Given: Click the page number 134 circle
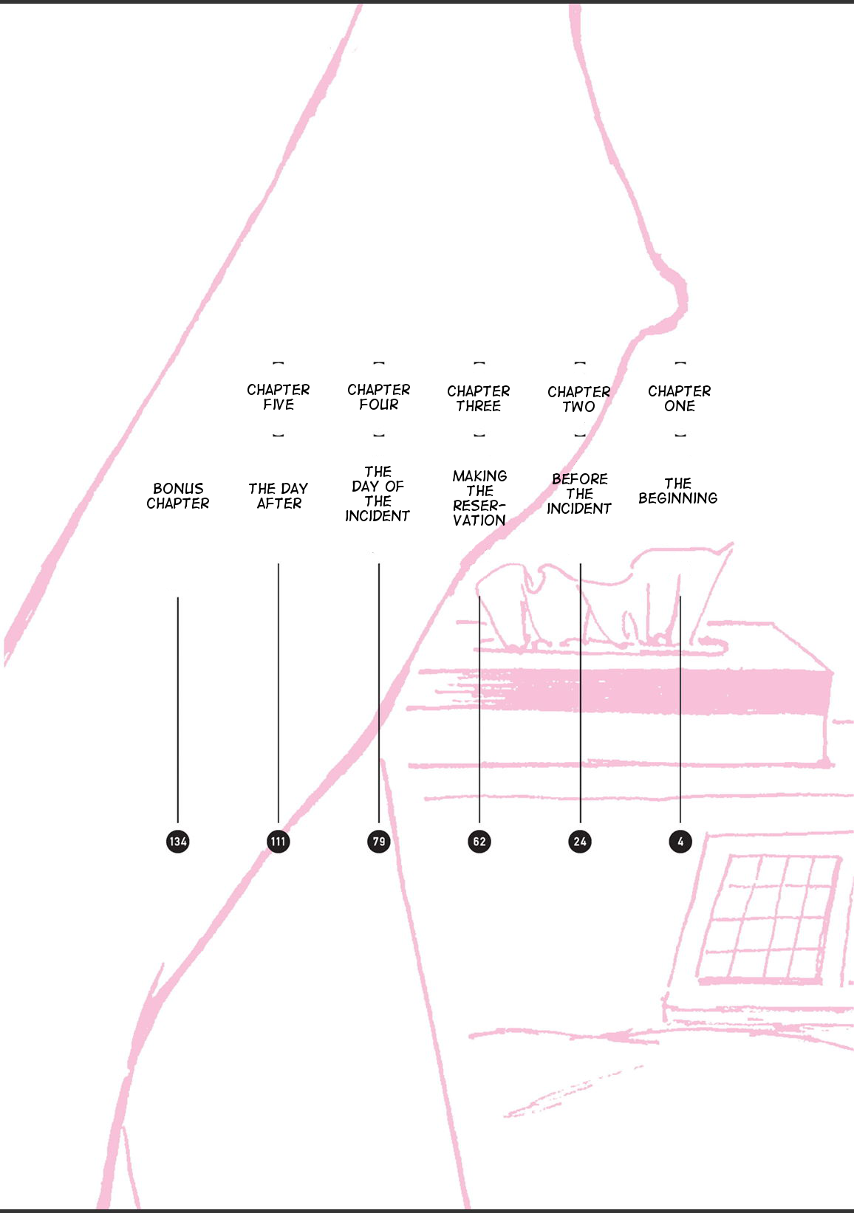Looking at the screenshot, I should point(178,841).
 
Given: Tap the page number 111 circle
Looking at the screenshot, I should point(279,841).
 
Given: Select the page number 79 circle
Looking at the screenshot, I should point(379,841).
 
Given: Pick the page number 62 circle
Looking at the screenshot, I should point(479,841).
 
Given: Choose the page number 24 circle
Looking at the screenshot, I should point(580,841).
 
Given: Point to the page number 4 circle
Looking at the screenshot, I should point(680,841).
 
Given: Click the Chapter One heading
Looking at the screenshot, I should point(680,399).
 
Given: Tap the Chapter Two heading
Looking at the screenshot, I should point(579,399).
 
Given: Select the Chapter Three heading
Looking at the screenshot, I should point(479,399).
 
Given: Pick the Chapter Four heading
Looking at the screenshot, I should point(379,397).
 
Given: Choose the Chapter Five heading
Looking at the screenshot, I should point(279,397).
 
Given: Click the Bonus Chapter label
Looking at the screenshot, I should point(178,496).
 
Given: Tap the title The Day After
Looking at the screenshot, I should point(279,496).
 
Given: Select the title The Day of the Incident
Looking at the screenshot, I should point(378,494).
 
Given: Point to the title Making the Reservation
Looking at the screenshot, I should point(479,498).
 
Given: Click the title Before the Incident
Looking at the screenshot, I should point(579,494).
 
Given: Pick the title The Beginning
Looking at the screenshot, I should point(678,491).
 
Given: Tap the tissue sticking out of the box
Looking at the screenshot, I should point(606,605).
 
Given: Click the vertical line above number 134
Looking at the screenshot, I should point(178,709).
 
